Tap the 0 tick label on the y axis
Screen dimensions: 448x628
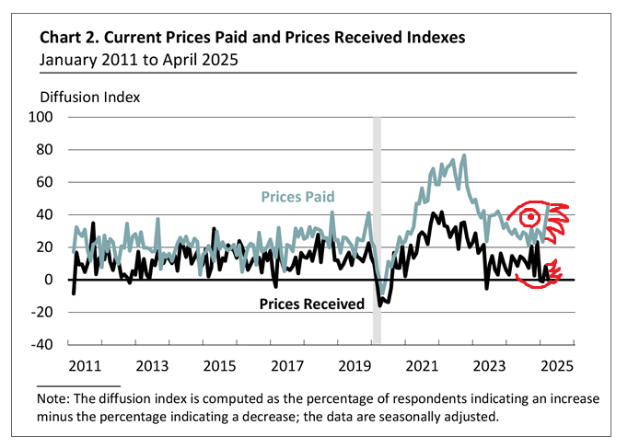pyautogui.click(x=49, y=280)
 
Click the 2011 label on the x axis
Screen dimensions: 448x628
pyautogui.click(x=85, y=365)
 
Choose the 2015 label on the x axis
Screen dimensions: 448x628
pyautogui.click(x=217, y=365)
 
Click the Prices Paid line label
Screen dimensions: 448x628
pyautogui.click(x=297, y=197)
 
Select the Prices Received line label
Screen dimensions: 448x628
pyautogui.click(x=312, y=303)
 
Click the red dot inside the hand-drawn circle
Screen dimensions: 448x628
pyautogui.click(x=530, y=218)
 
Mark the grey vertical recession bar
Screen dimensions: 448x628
pyautogui.click(x=377, y=230)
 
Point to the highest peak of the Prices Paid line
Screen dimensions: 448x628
pyautogui.click(x=463, y=155)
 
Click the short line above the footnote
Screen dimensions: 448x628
pyautogui.click(x=80, y=385)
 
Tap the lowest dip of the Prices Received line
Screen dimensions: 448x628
pyautogui.click(x=382, y=304)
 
